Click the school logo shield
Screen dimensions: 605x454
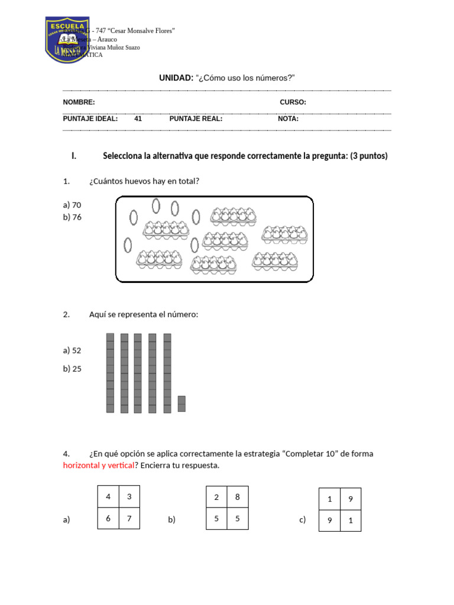[67, 40]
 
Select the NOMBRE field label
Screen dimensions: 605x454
[79, 102]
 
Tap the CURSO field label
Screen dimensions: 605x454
[293, 102]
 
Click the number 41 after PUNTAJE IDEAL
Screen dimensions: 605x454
[138, 119]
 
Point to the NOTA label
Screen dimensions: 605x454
[288, 119]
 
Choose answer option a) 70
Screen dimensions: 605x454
[72, 205]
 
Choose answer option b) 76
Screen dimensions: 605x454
[72, 217]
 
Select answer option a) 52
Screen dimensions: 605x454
[72, 350]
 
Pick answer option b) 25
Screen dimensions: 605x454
[72, 369]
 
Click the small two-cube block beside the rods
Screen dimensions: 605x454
[181, 404]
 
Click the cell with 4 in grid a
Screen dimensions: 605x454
[108, 497]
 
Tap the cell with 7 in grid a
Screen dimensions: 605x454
[129, 519]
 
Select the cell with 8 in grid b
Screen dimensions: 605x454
[238, 497]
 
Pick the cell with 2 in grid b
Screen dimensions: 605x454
[216, 497]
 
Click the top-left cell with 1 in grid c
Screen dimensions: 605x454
[329, 499]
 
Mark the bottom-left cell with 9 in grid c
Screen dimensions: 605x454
[329, 521]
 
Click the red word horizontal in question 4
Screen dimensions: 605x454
[84, 466]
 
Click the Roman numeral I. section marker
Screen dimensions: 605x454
[73, 157]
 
